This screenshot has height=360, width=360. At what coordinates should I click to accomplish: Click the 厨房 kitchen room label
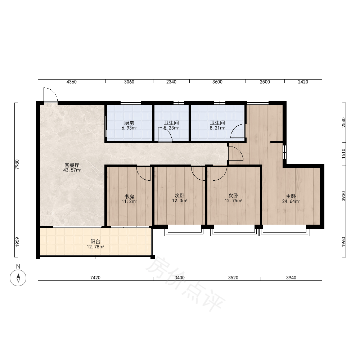click(129, 123)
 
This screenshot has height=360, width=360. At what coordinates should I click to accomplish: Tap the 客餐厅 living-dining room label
click(72, 165)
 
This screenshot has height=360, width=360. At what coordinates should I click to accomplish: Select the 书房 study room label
click(129, 197)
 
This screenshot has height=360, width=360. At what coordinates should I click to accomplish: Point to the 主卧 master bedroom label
click(291, 196)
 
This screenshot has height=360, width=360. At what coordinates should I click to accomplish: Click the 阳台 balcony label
click(95, 242)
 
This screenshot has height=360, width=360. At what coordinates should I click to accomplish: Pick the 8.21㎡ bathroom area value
click(217, 128)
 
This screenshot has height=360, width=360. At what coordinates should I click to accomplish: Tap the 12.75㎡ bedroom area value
click(233, 201)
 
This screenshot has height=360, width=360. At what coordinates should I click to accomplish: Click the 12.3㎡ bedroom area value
click(180, 201)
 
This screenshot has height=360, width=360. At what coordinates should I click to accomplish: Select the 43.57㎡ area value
click(72, 170)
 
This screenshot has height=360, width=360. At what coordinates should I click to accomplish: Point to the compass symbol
click(18, 278)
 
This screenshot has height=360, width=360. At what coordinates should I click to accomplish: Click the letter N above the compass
click(18, 266)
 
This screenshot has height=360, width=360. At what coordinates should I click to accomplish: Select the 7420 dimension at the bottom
click(95, 278)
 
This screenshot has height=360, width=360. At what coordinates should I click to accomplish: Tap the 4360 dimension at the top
click(71, 82)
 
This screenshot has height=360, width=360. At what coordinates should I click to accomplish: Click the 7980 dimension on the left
click(17, 165)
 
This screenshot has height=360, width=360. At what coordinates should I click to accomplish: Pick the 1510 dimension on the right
click(343, 153)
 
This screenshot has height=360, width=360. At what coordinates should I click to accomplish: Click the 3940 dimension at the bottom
click(291, 278)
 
